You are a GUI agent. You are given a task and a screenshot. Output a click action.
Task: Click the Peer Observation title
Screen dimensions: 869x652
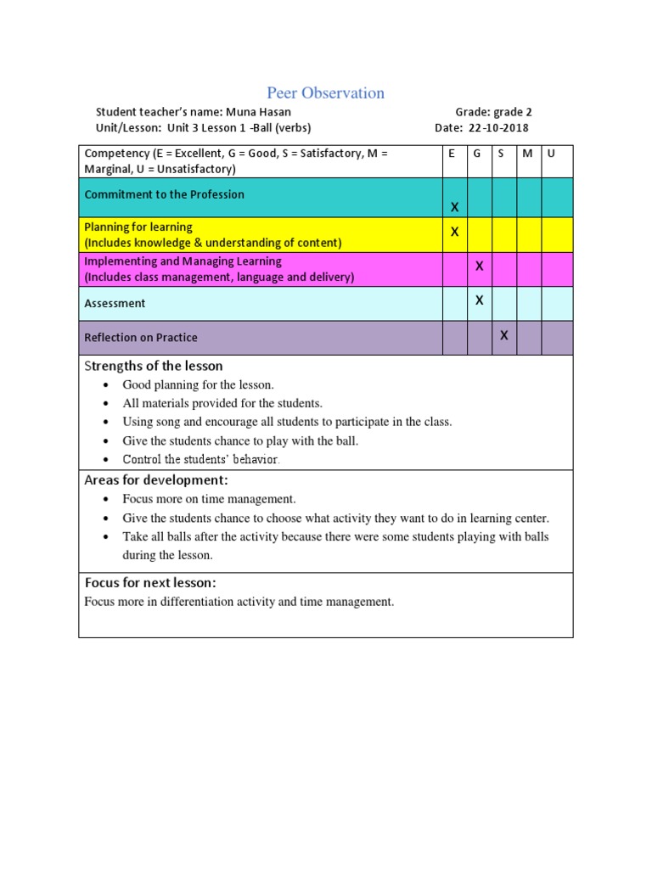(325, 93)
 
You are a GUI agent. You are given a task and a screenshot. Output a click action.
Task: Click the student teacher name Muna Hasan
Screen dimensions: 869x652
(264, 112)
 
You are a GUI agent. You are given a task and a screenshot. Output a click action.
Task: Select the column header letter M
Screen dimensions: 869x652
(527, 154)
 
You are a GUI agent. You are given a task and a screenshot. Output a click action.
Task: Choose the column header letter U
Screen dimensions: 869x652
(551, 154)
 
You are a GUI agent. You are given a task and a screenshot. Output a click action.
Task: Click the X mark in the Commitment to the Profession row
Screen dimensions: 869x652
(454, 207)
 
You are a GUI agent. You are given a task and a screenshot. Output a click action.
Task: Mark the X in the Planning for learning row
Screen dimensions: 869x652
(454, 232)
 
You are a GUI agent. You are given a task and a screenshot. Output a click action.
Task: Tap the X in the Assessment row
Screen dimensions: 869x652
(479, 300)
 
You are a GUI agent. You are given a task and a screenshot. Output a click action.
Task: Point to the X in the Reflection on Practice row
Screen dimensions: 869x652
(503, 335)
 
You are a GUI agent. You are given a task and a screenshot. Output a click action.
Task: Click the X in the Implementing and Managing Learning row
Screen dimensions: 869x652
(479, 266)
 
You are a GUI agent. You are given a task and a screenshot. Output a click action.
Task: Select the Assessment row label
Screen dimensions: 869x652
(115, 304)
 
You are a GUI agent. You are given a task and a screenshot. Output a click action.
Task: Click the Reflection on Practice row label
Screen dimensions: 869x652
(141, 338)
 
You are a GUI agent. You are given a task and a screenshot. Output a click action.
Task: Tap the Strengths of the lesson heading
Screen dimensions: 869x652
(154, 367)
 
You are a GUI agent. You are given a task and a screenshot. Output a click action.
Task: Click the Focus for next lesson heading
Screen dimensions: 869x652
(150, 583)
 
